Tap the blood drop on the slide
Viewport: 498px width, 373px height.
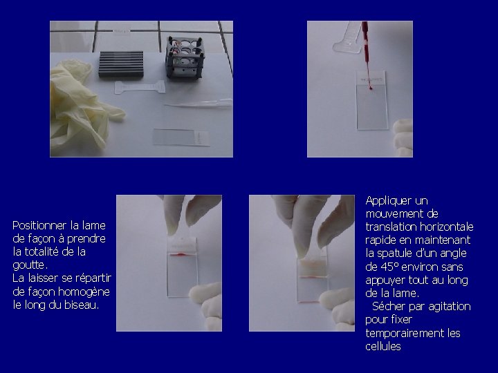click(x=371, y=88)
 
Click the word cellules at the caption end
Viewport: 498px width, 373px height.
click(x=383, y=346)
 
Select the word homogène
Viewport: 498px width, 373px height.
click(x=84, y=291)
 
